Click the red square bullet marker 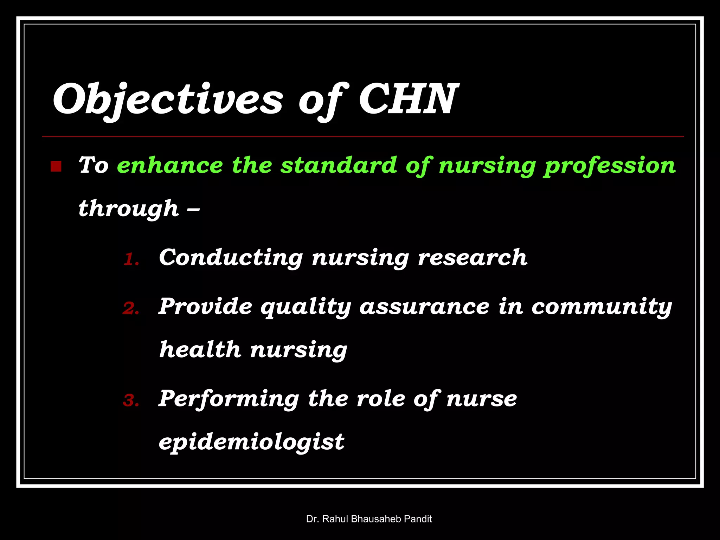(x=56, y=166)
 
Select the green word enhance (x=170, y=165)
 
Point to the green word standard (x=339, y=165)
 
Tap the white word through (x=129, y=209)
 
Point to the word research (x=472, y=258)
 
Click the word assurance (x=424, y=307)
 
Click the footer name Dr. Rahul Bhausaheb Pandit (x=369, y=519)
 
